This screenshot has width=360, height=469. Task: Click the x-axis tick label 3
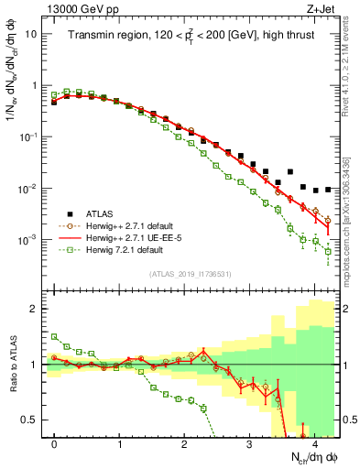tap(249, 444)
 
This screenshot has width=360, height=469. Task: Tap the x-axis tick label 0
tap(54, 444)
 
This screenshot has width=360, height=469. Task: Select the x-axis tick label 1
tap(119, 444)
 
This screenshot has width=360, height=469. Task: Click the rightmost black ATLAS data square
tap(328, 190)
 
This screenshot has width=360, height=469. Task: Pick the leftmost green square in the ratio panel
tap(54, 337)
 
